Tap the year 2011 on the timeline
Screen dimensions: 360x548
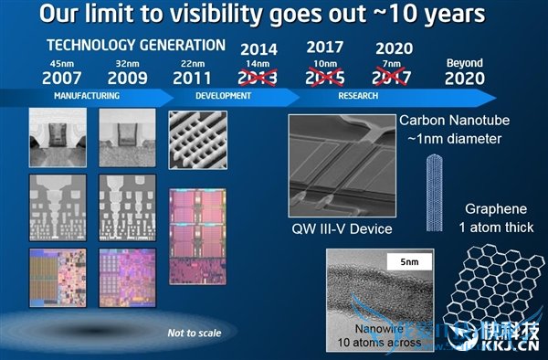tap(191, 78)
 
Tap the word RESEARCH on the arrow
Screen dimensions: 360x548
tap(358, 95)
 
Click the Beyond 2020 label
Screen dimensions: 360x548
tap(464, 71)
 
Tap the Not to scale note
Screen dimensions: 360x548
tap(194, 333)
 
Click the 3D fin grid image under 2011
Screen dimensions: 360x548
tap(195, 140)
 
